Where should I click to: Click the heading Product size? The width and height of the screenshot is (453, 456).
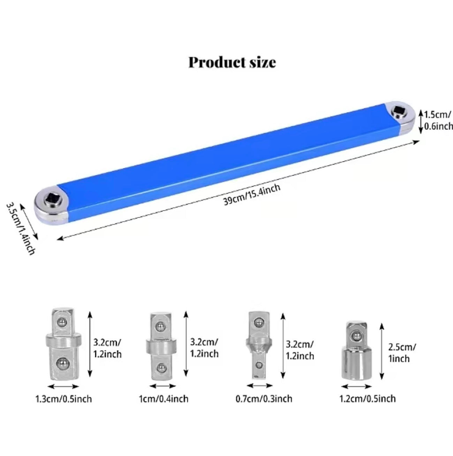(x=232, y=63)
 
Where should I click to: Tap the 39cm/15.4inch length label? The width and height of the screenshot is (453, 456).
(x=252, y=195)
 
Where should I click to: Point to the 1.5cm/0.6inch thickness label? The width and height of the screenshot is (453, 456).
(x=438, y=121)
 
